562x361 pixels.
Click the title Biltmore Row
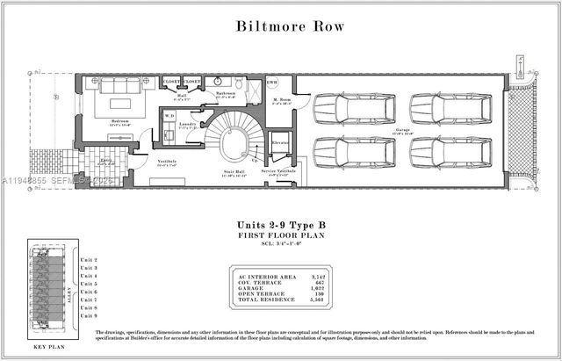click(x=280, y=25)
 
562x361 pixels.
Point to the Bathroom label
click(x=225, y=92)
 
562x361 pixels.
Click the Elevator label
click(x=281, y=141)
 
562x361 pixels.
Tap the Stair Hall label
click(x=232, y=174)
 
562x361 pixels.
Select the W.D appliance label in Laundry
click(x=169, y=114)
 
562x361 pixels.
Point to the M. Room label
click(x=281, y=101)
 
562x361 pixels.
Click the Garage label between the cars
click(x=403, y=130)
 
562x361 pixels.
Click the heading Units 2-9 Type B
click(x=282, y=226)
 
